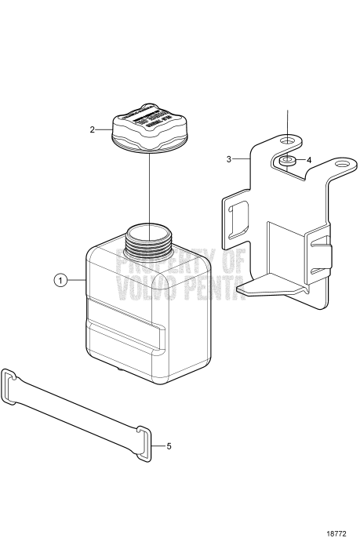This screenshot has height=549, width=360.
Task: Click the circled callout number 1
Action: point(60,279)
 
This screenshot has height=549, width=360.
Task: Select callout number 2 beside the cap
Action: point(93,129)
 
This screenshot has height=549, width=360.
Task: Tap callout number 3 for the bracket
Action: point(229,159)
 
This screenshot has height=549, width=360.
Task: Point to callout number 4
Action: point(309,160)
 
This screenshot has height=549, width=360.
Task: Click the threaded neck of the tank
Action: point(147,238)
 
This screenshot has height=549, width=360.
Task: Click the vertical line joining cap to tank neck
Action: point(148,188)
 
